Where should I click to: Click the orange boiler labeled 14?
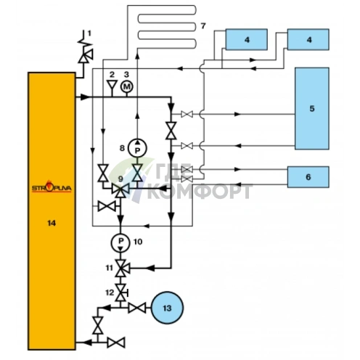pyautogui.click(x=52, y=211)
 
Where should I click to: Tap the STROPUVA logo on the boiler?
pyautogui.click(x=52, y=187)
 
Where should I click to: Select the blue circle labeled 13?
pyautogui.click(x=167, y=308)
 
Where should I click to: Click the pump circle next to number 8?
pyautogui.click(x=137, y=148)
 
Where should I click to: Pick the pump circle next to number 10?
pyautogui.click(x=120, y=242)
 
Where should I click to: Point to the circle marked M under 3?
pyautogui.click(x=127, y=86)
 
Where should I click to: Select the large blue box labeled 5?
pyautogui.click(x=312, y=108)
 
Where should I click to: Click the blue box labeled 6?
pyautogui.click(x=308, y=177)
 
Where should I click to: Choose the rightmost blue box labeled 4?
pyautogui.click(x=308, y=39)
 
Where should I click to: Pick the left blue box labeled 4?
pyautogui.click(x=246, y=39)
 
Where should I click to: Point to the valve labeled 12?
pyautogui.click(x=121, y=292)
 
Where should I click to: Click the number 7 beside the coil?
pyautogui.click(x=203, y=25)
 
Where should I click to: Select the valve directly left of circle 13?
pyautogui.click(x=137, y=308)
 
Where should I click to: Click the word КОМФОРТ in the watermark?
pyautogui.click(x=200, y=192)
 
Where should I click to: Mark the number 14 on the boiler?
pyautogui.click(x=52, y=223)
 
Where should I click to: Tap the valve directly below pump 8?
pyautogui.click(x=137, y=173)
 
